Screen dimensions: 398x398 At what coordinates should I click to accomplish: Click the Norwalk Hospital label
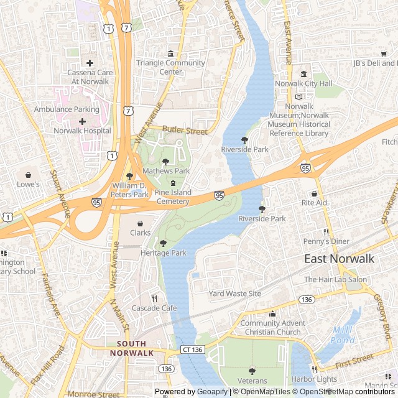[x=82, y=131]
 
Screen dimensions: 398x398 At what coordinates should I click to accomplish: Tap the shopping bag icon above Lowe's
[x=29, y=174]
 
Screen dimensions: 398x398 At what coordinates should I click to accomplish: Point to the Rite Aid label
[x=314, y=203]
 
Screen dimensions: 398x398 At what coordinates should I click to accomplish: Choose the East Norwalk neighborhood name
[x=339, y=259]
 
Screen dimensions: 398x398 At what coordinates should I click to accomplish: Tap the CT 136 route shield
[x=192, y=350]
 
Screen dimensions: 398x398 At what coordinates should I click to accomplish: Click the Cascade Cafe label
[x=154, y=308]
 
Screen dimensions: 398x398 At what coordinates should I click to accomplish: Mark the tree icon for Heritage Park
[x=164, y=243]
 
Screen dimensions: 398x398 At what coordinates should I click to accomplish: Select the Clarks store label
[x=140, y=233]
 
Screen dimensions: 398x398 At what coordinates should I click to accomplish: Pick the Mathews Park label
[x=166, y=170]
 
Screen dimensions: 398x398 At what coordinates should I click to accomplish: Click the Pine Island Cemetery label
[x=172, y=197]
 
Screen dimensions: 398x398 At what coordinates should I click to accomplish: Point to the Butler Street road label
[x=185, y=131]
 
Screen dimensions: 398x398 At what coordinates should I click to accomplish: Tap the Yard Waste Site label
[x=235, y=294]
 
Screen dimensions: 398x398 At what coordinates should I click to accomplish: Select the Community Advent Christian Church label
[x=273, y=327]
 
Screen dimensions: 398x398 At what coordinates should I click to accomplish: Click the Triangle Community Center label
[x=170, y=67]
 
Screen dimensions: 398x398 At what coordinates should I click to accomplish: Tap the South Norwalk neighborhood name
[x=131, y=348]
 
